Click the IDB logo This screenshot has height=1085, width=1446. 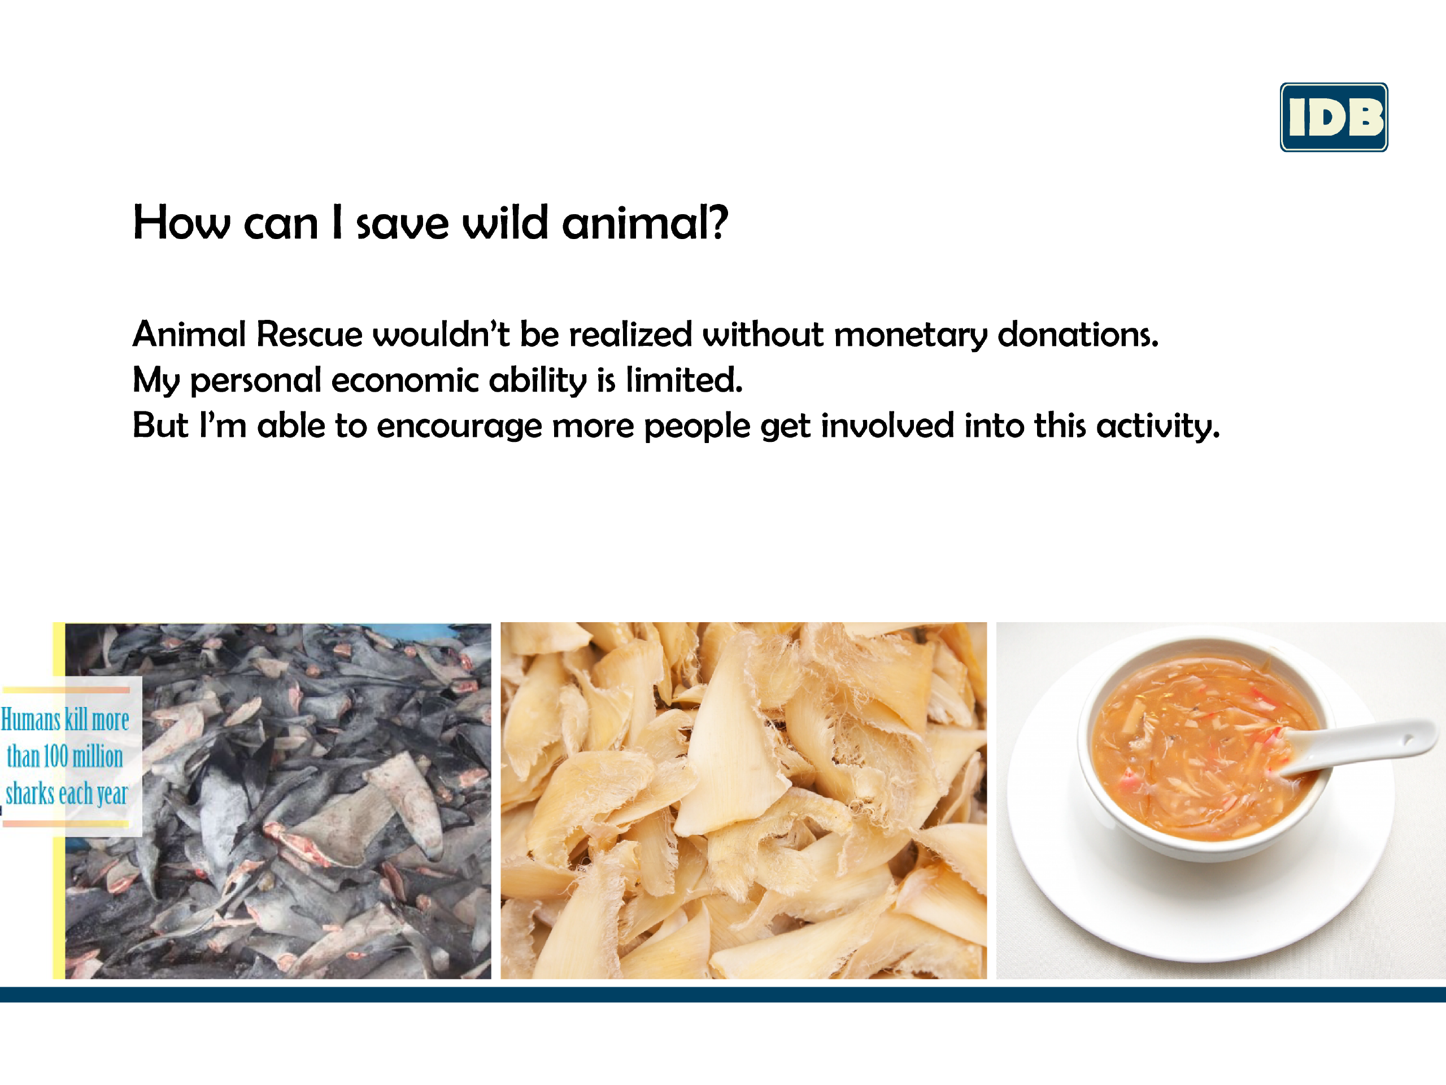(x=1334, y=117)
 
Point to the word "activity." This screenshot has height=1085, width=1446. (x=1158, y=427)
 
